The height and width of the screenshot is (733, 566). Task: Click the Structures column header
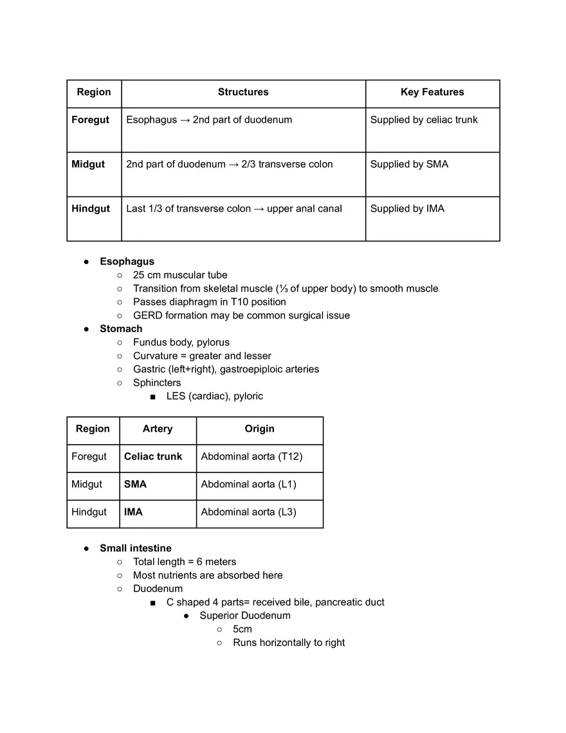[243, 92]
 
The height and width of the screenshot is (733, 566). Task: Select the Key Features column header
[432, 92]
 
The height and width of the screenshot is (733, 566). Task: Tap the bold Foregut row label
[90, 120]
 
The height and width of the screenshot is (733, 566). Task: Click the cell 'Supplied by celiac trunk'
[424, 120]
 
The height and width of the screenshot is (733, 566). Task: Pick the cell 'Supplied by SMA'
[409, 164]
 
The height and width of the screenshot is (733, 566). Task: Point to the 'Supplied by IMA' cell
[407, 209]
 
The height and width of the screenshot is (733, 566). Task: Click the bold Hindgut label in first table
[91, 209]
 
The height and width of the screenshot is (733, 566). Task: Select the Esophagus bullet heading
[127, 261]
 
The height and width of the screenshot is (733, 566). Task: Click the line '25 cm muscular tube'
[180, 275]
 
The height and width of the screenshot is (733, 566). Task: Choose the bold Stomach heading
[121, 329]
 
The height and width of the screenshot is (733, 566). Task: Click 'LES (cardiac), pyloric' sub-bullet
[214, 396]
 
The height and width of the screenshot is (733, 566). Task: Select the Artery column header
[158, 429]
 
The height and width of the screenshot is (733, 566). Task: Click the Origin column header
[259, 429]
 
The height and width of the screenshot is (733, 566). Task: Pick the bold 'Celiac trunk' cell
[153, 456]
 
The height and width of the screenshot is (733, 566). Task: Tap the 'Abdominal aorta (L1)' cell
[248, 484]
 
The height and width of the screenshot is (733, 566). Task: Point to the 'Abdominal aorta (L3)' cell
[248, 512]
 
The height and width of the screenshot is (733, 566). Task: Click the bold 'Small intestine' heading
[136, 548]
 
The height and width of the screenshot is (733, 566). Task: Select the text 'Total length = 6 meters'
[185, 562]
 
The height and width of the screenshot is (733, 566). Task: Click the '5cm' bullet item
[242, 629]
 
